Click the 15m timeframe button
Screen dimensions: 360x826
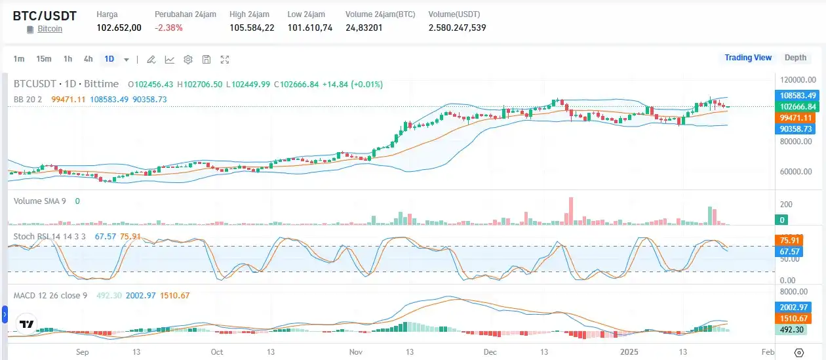[x=44, y=59]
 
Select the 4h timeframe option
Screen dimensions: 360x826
[x=88, y=59]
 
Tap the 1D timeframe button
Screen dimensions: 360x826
[x=109, y=59]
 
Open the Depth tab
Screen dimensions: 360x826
[x=795, y=58]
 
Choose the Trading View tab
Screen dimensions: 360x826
[x=748, y=58]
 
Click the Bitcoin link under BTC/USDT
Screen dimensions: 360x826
[x=50, y=29]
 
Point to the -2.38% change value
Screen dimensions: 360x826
[x=168, y=28]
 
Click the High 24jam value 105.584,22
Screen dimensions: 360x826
[x=252, y=28]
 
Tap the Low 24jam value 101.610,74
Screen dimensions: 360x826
[x=309, y=28]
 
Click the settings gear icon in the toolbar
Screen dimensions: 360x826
[x=188, y=60]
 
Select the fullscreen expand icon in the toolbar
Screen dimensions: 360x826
[x=225, y=60]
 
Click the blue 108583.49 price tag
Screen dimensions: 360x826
[x=797, y=95]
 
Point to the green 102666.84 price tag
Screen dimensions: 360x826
[x=797, y=106]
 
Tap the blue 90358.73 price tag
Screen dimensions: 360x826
[x=797, y=129]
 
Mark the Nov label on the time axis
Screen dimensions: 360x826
[x=356, y=352]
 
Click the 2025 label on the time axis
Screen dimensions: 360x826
[x=629, y=352]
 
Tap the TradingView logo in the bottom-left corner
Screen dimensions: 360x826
[x=26, y=325]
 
